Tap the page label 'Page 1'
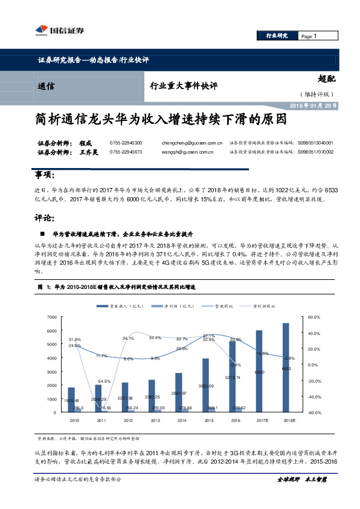coord(309,37)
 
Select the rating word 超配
coord(326,79)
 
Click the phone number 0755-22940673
coord(126,152)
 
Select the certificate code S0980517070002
coord(315,152)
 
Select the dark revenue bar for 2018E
coord(286,368)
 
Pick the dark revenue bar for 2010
coord(71,400)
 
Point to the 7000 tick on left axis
coord(50,317)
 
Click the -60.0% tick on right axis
coord(315,413)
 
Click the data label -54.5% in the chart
coord(103,381)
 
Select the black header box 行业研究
coord(277,37)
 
